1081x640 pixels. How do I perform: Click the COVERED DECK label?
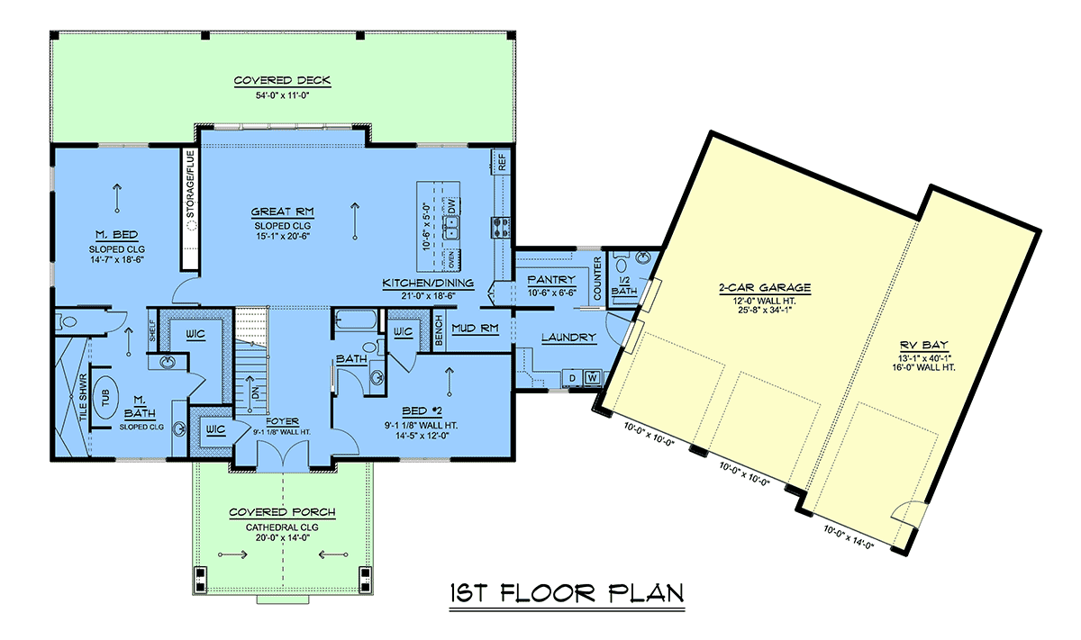282,80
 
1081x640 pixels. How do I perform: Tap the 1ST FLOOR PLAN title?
567,593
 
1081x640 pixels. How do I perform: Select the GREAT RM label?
282,212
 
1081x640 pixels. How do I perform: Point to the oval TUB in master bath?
105,398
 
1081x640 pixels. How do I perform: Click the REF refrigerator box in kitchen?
502,162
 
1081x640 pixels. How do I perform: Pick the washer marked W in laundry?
592,378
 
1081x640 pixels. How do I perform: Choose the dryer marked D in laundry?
572,378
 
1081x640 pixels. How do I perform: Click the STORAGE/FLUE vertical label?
190,185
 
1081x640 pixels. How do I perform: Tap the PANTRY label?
551,280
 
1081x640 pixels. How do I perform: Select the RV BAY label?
923,346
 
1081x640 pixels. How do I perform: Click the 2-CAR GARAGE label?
765,288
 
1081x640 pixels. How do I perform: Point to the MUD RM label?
475,329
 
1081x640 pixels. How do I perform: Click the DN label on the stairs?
256,393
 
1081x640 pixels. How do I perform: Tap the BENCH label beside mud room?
439,331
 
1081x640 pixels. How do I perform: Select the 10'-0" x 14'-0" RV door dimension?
849,537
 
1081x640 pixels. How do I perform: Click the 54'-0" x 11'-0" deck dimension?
282,95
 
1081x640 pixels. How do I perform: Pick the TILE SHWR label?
84,397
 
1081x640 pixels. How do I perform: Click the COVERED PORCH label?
282,512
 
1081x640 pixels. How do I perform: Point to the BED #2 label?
422,410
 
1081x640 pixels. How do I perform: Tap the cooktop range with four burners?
501,228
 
